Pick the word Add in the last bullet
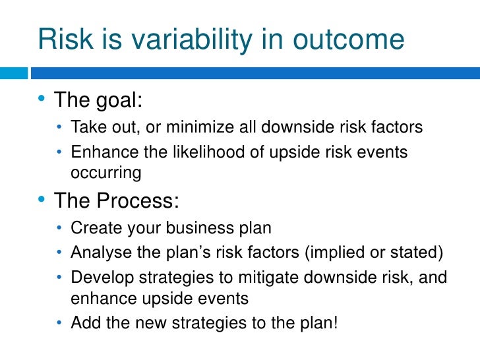[83, 322]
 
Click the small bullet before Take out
[60, 127]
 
